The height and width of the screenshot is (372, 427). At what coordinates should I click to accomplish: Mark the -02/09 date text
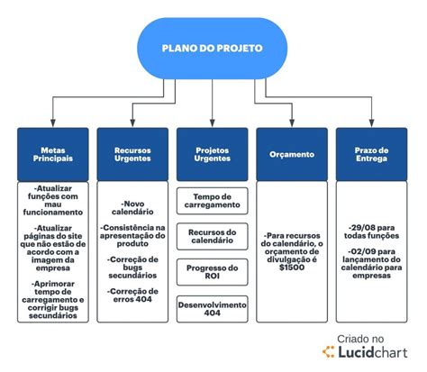[361, 251]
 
